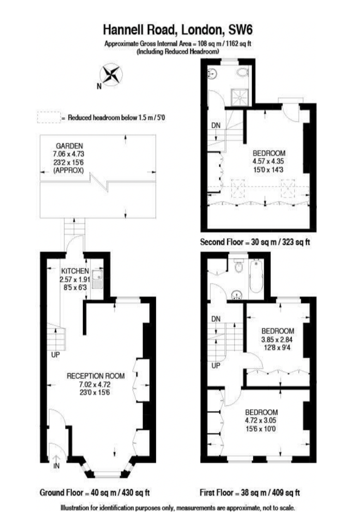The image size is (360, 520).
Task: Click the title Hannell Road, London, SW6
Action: pos(178,31)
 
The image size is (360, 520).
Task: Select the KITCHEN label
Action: pos(75,271)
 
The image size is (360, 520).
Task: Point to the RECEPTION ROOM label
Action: pos(96,375)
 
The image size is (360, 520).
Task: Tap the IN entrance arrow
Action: pos(56,459)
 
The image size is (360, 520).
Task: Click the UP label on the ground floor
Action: pos(55,355)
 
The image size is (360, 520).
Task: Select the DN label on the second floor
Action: pos(216,126)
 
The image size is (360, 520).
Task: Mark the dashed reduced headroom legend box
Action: pos(48,117)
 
